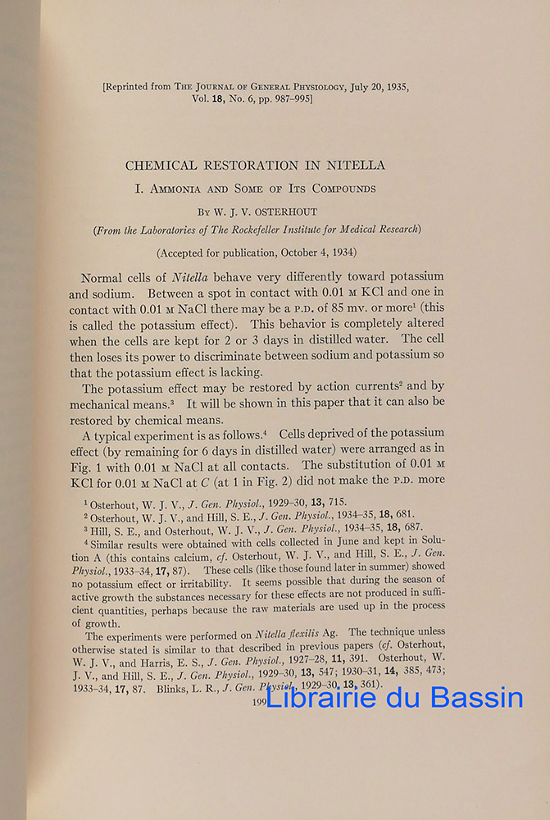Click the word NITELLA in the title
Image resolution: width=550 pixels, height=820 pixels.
click(355, 165)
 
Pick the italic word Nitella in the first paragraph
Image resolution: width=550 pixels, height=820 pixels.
click(192, 277)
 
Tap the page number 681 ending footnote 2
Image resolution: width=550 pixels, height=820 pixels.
click(405, 516)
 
